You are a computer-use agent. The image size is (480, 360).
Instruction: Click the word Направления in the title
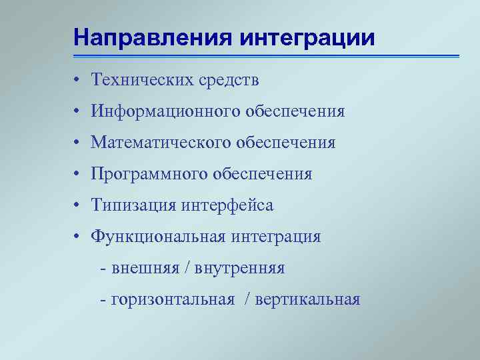point(152,37)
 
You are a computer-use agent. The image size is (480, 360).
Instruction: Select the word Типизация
point(133,206)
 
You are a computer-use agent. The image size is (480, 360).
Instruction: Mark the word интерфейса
point(227,206)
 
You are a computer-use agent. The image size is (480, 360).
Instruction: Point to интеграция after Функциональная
point(276,237)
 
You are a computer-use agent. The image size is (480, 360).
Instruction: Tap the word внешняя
point(145,269)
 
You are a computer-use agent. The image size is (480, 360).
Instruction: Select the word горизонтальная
point(173,300)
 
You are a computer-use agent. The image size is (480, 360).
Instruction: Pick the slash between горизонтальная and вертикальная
point(248,300)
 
